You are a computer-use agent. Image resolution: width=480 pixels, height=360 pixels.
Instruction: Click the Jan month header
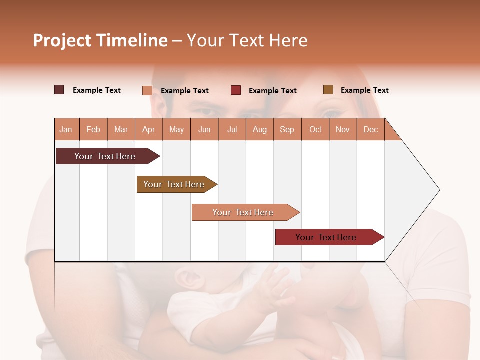(x=66, y=129)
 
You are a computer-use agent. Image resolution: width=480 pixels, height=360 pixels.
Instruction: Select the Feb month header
(x=93, y=129)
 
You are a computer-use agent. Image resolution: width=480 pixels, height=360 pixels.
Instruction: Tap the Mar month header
(x=121, y=129)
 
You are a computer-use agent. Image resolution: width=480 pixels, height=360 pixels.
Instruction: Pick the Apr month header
(x=149, y=129)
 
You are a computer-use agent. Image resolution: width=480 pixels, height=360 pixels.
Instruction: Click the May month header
(x=176, y=129)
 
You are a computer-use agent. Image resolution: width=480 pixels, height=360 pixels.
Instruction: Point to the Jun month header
(x=204, y=129)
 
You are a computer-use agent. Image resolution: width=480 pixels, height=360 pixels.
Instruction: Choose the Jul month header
(x=232, y=129)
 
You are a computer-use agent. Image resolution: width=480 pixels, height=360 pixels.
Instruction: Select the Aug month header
(x=260, y=129)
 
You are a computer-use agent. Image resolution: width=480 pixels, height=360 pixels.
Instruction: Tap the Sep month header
(x=287, y=129)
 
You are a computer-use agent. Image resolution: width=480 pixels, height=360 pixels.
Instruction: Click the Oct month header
(x=315, y=129)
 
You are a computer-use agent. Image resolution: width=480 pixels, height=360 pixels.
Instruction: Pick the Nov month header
(x=343, y=129)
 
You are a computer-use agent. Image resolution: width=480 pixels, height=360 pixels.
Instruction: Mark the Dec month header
(x=371, y=129)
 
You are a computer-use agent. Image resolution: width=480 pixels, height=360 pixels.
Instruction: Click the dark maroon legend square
(x=59, y=90)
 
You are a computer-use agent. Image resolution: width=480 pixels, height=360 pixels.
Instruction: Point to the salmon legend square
(x=147, y=90)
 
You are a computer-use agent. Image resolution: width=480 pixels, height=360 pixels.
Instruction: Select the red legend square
(x=236, y=90)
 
